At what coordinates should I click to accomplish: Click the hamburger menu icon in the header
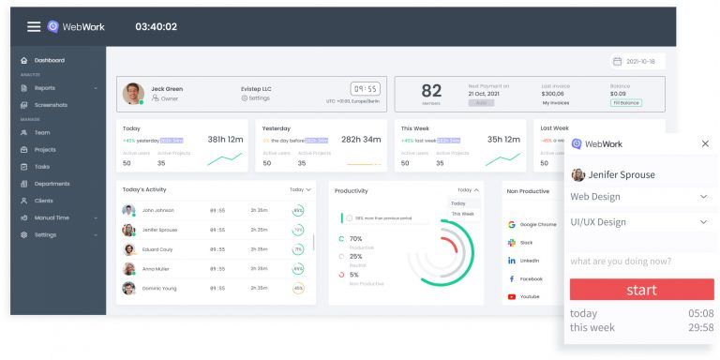pos(34,27)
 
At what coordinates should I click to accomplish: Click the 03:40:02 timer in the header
pos(156,27)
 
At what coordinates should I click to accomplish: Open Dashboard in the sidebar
pos(49,61)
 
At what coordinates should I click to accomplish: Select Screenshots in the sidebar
pos(51,105)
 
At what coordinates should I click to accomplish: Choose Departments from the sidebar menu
pos(52,184)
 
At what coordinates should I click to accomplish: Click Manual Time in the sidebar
pos(52,217)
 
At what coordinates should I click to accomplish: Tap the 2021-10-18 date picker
pos(634,61)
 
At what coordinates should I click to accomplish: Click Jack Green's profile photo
pos(134,94)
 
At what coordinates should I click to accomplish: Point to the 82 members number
pos(431,91)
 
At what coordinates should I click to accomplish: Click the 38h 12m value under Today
pos(225,140)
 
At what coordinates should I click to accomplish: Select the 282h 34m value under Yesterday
pos(360,140)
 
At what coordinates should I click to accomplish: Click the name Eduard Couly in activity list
pos(157,249)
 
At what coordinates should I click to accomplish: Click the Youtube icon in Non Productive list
pos(512,296)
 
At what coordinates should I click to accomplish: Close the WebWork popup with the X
pos(705,143)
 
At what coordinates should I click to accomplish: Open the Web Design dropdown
pos(641,197)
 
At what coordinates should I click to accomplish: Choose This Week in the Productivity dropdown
pos(463,214)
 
